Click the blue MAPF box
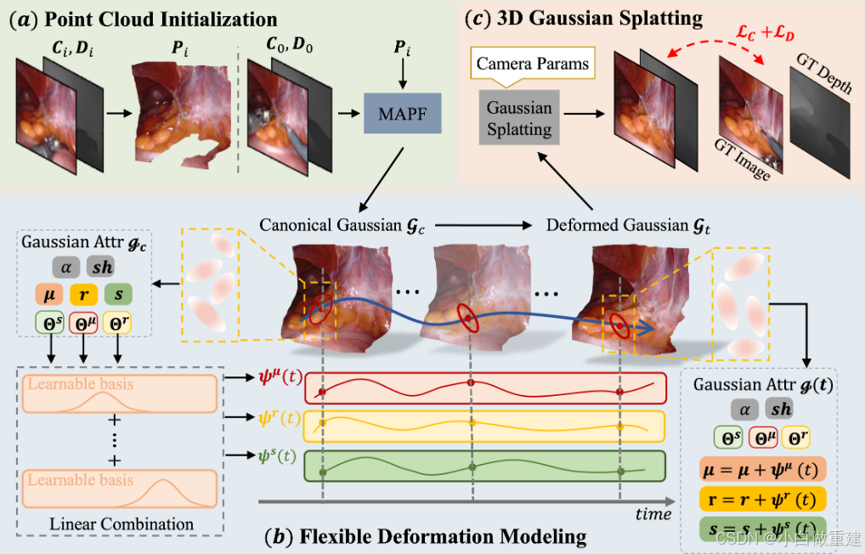click(x=403, y=113)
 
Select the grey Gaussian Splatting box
click(x=519, y=119)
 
